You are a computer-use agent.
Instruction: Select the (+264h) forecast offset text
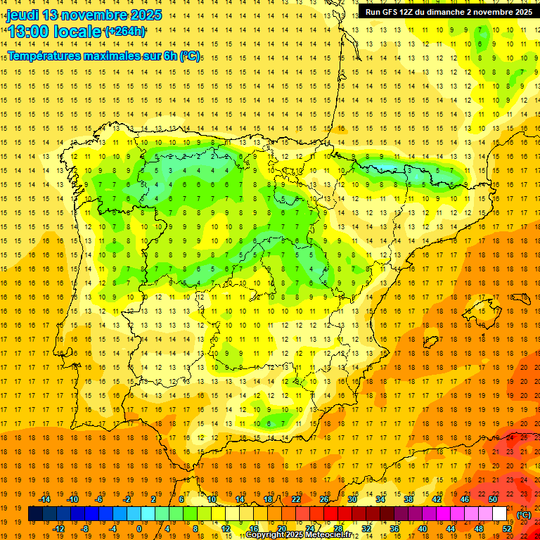click(125, 31)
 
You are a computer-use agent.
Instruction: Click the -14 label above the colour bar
click(45, 499)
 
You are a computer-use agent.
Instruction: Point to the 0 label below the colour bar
click(139, 529)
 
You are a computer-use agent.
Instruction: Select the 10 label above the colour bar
click(211, 499)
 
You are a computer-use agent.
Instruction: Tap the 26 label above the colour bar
click(324, 499)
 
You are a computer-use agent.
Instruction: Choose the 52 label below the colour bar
click(507, 529)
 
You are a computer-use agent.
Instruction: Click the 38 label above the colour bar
click(409, 499)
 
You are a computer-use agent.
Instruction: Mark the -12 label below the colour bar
click(59, 529)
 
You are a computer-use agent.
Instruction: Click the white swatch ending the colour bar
click(499, 514)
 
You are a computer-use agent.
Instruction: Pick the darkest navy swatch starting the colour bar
click(35, 514)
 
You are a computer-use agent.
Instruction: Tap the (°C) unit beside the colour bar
click(524, 515)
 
